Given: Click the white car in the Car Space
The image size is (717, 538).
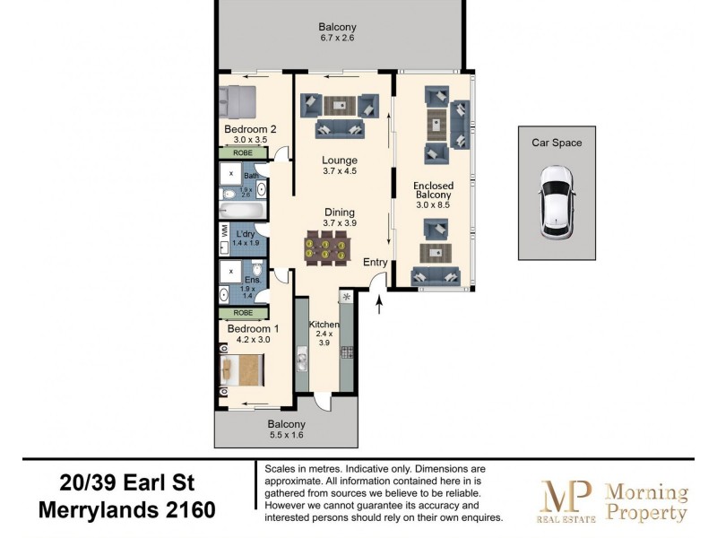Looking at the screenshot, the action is [x=557, y=203].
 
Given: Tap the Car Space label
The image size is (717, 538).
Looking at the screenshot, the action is [x=557, y=143].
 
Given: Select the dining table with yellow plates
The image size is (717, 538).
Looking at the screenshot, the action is [x=325, y=248].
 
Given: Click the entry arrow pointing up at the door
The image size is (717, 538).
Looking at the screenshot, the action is [x=379, y=305].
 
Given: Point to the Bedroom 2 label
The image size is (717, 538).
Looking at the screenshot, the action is [x=250, y=129].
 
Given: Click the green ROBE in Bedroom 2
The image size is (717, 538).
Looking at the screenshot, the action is [x=243, y=152].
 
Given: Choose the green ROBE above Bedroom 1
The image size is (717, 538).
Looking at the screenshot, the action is [x=243, y=313].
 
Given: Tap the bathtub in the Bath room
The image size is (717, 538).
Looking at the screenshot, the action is [x=242, y=211].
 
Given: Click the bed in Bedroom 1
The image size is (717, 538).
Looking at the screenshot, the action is [x=242, y=370].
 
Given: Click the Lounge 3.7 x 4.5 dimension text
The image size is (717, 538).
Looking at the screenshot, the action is [x=340, y=171].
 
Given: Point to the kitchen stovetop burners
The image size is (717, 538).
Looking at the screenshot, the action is [x=347, y=352].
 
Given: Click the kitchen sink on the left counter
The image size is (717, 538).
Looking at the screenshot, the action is [x=302, y=357].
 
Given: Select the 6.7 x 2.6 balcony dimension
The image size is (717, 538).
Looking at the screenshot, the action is [x=338, y=38].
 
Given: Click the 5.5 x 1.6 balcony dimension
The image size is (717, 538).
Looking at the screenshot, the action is [x=286, y=435].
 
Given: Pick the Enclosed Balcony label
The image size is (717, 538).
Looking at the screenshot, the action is [x=433, y=190].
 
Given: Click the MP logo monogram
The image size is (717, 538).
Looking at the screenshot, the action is [x=566, y=497].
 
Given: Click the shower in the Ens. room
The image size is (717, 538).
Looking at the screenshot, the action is [x=231, y=272].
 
